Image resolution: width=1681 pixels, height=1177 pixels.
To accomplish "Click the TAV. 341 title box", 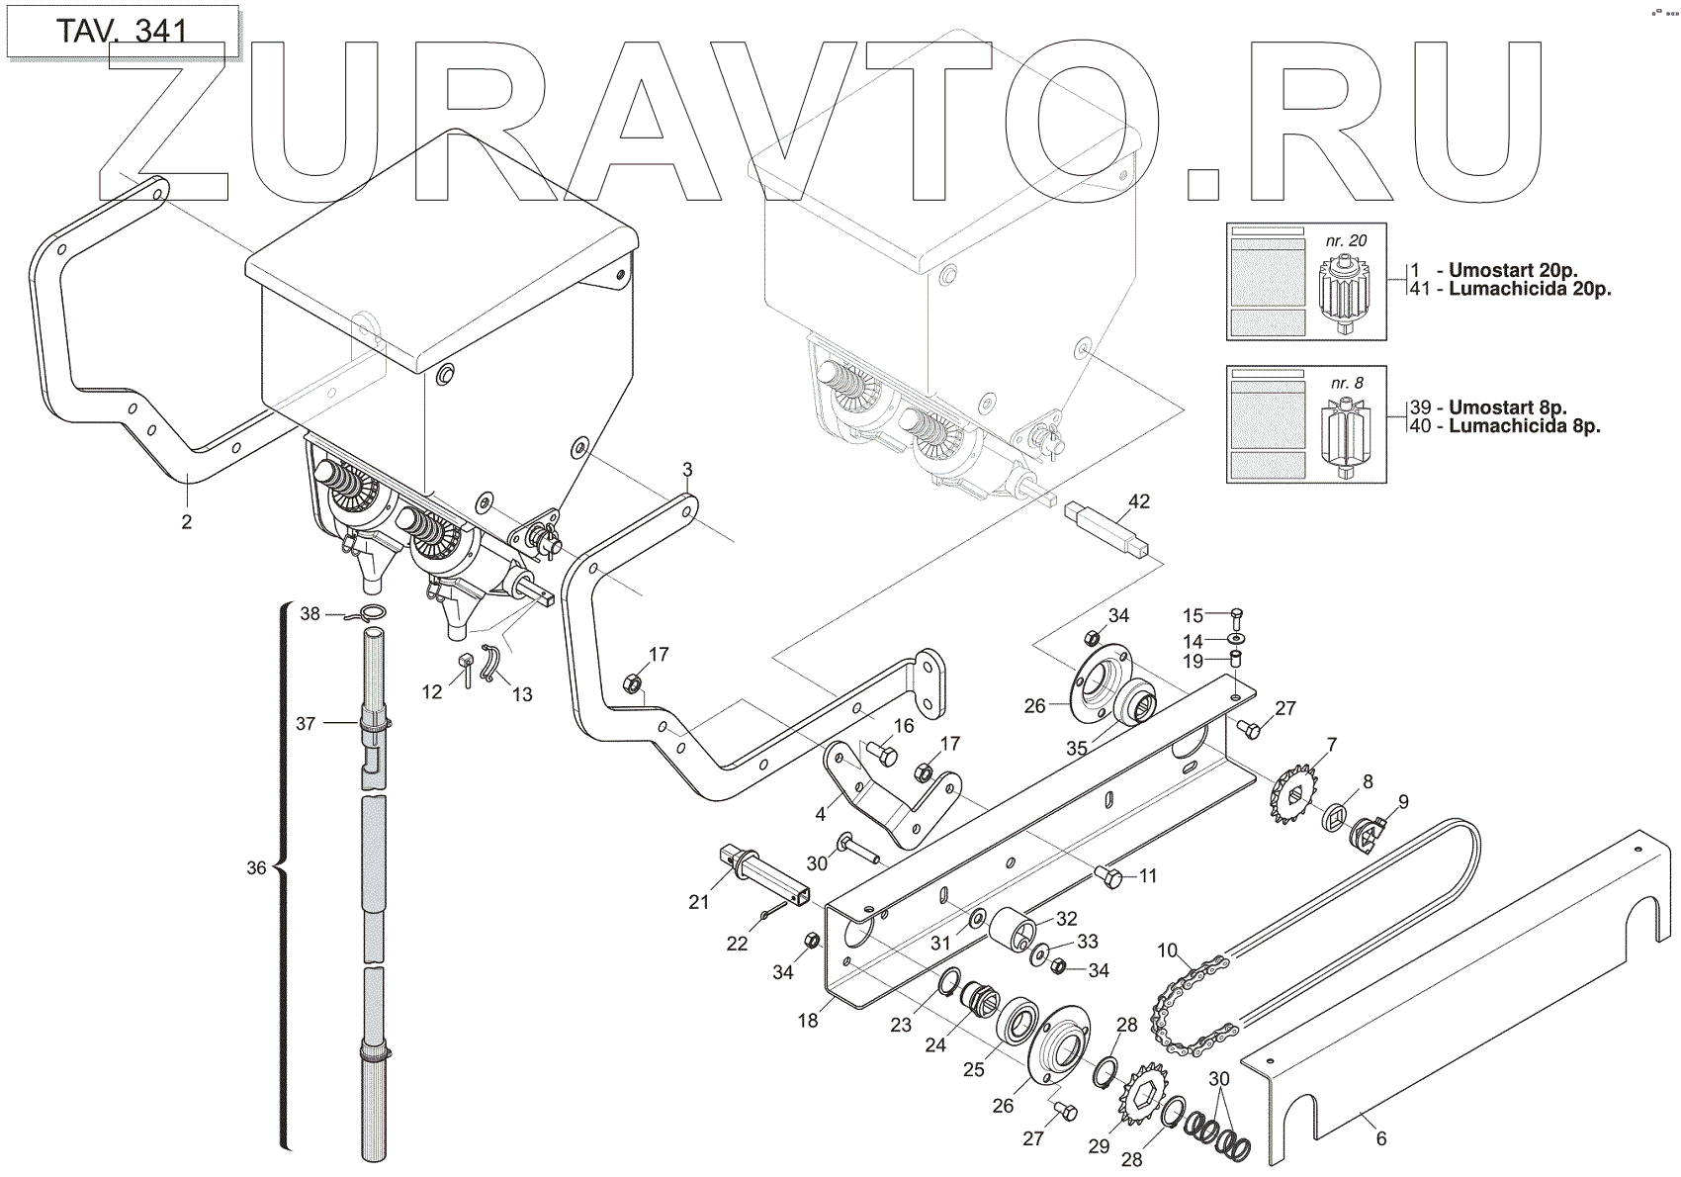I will pyautogui.click(x=122, y=31).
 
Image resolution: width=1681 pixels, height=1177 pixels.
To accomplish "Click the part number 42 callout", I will pyautogui.click(x=1138, y=501).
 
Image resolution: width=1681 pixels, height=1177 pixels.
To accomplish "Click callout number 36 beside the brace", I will pyautogui.click(x=256, y=867).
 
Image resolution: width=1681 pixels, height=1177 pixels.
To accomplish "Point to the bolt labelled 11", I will pyautogui.click(x=1110, y=878).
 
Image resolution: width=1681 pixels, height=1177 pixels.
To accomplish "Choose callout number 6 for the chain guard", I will pyautogui.click(x=1380, y=1138).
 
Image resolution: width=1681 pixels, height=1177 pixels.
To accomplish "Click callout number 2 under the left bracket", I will pyautogui.click(x=187, y=521).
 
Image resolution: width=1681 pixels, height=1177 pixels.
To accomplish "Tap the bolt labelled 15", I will pyautogui.click(x=1237, y=619).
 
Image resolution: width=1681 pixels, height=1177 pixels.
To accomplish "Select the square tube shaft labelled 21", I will pyautogui.click(x=765, y=873).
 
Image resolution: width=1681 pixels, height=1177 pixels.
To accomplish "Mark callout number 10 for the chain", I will pyautogui.click(x=1168, y=951).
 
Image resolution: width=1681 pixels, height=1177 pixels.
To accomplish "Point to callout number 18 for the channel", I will pyautogui.click(x=808, y=1020).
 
